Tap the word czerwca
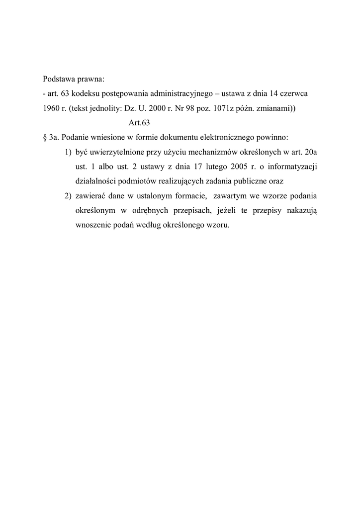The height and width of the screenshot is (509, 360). pos(296,93)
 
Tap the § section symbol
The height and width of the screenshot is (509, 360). pos(45,136)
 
